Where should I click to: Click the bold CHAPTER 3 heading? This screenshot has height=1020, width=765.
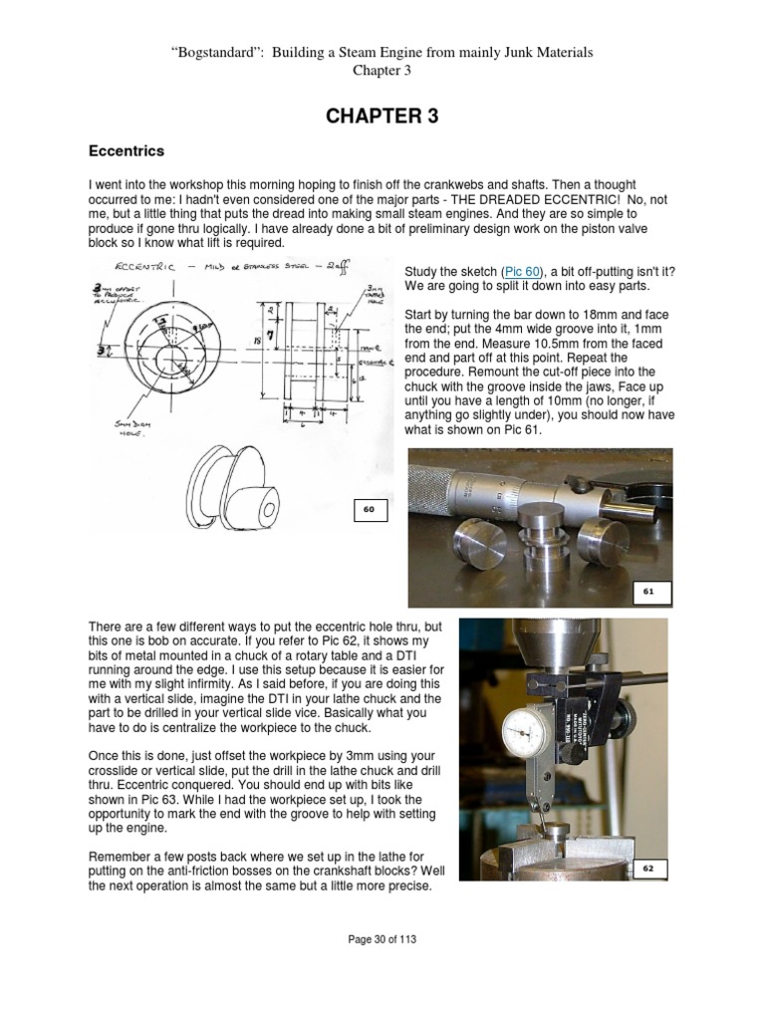pos(382,117)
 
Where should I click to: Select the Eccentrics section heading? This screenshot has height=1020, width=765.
pos(127,151)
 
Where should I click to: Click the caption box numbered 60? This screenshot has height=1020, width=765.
pos(368,509)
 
